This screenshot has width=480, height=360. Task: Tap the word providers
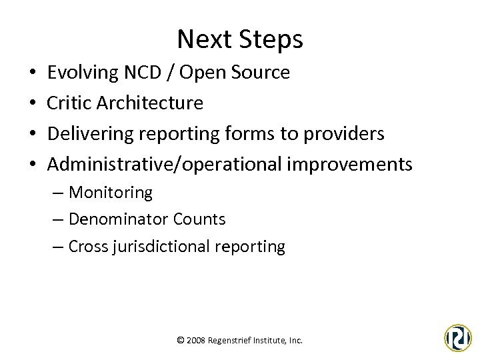pos(345,134)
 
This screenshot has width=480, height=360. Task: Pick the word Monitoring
pos(111,193)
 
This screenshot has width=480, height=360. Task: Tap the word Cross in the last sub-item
pos(88,247)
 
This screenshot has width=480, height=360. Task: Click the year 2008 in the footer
pos(197,340)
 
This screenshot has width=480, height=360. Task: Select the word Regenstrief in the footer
pos(231,340)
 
